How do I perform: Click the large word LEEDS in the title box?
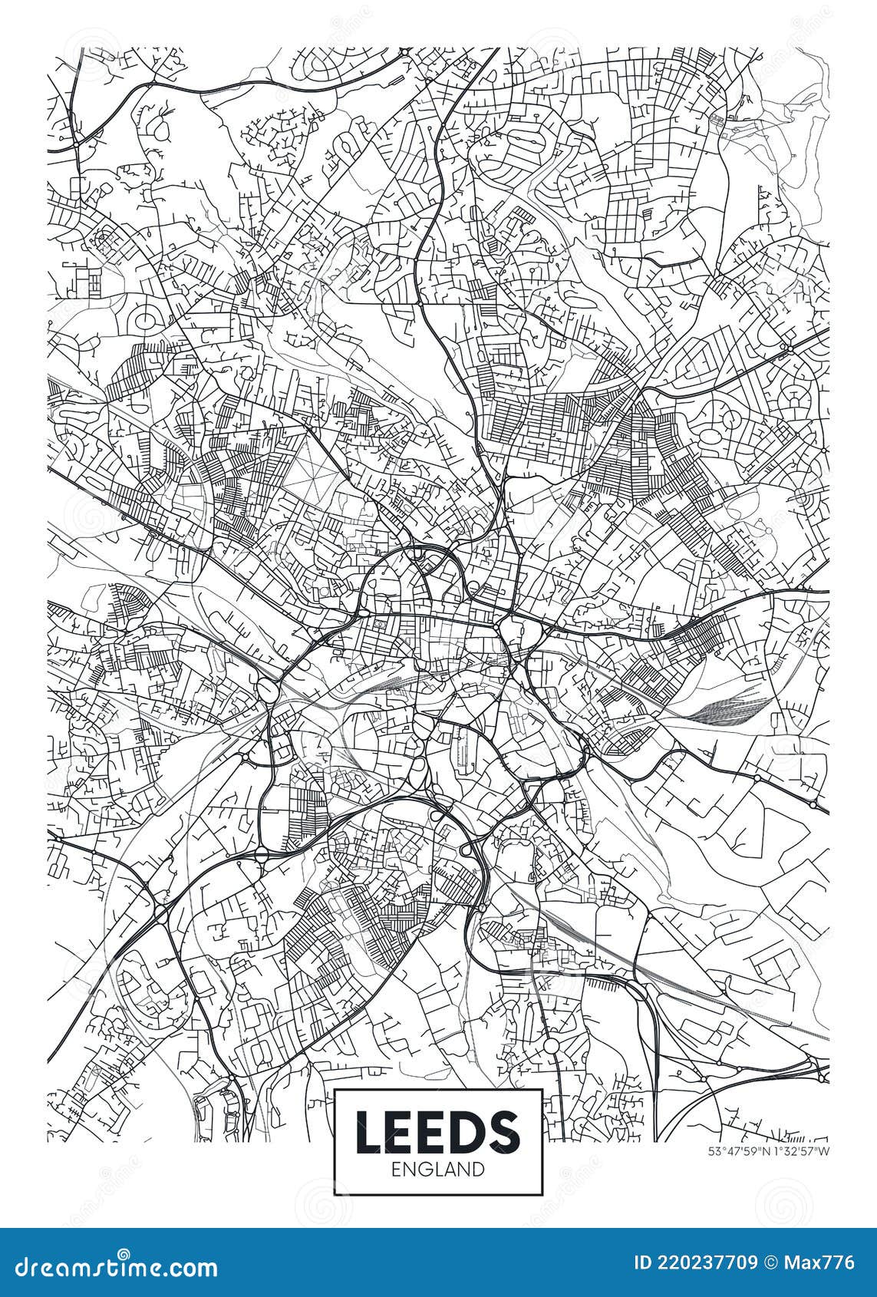pos(438,1133)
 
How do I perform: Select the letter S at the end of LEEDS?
pos(506,1133)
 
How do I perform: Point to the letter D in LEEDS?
pos(469,1133)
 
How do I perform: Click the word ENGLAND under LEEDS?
pos(438,1170)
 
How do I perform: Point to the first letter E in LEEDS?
pos(401,1133)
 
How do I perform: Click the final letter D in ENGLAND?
pos(478,1170)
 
